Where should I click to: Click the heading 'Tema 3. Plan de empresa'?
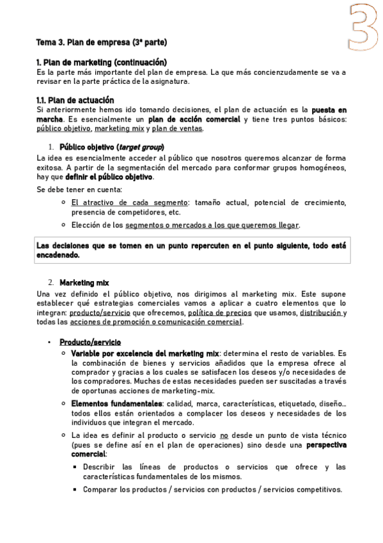[x=102, y=42]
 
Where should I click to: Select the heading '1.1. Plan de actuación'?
[x=75, y=100]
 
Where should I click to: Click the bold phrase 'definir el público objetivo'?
[x=109, y=177]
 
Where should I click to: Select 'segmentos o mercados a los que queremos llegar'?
[x=212, y=225]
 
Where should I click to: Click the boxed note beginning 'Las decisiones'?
[x=192, y=250]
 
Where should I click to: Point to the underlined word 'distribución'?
[x=323, y=312]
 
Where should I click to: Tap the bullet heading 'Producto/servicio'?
[x=90, y=343]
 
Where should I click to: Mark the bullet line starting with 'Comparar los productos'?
[x=212, y=490]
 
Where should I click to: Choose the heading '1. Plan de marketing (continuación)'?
[x=102, y=62]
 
